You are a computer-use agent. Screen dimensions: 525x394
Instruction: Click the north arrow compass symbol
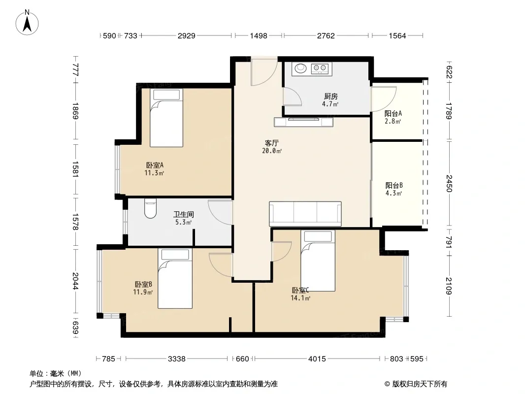pos(27,23)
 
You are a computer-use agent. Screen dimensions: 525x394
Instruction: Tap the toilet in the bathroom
pos(150,208)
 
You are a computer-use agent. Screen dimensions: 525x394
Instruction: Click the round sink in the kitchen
pos(300,68)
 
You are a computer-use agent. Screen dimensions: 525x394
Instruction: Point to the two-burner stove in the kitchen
pos(320,68)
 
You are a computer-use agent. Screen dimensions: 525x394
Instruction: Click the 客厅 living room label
pos(271,143)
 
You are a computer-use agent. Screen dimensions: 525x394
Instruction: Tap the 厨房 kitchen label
pos(331,97)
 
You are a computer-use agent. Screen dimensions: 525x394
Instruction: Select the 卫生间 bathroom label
pos(184,215)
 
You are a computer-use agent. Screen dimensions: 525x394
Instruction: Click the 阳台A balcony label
pos(393,114)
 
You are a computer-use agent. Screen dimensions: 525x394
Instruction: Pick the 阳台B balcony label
pos(394,186)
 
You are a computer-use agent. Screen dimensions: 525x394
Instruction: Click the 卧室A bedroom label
pos(154,165)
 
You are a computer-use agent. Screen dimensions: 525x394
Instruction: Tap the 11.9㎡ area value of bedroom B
pos(143,292)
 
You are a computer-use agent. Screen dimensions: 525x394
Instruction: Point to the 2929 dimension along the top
pos(187,36)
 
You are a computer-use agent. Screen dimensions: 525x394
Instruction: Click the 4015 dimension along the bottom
pos(317,359)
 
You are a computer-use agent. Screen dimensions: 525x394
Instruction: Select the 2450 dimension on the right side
pos(449,183)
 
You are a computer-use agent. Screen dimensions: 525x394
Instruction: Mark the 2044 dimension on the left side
pos(75,281)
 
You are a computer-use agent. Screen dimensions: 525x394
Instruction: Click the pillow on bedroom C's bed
pos(318,236)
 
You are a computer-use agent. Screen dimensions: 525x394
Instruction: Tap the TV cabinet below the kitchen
pos(304,122)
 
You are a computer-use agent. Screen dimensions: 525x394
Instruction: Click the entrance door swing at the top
pos(264,71)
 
